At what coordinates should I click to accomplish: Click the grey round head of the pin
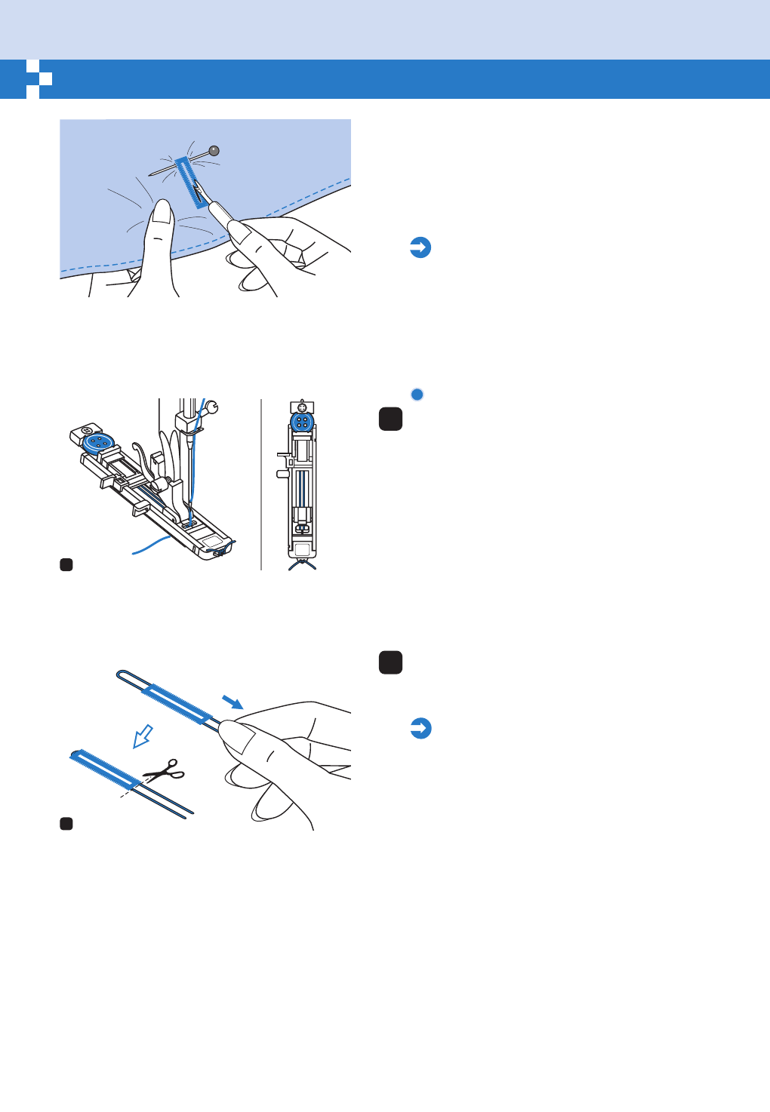tap(214, 150)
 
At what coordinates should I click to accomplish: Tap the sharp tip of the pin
tap(151, 177)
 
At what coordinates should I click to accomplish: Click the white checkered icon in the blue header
tap(38, 79)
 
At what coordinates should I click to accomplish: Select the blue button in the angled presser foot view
tap(96, 443)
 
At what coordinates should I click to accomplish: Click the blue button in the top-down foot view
tap(302, 422)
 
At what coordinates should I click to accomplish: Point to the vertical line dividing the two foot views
tap(261, 483)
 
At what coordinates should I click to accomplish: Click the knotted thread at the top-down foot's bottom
tap(302, 562)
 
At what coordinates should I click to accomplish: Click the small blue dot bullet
tap(417, 395)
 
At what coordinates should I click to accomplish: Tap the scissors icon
tap(165, 770)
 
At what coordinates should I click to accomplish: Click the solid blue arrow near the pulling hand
tap(233, 703)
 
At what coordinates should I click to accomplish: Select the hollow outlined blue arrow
tap(143, 736)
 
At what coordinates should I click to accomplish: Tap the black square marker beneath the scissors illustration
tap(66, 824)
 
